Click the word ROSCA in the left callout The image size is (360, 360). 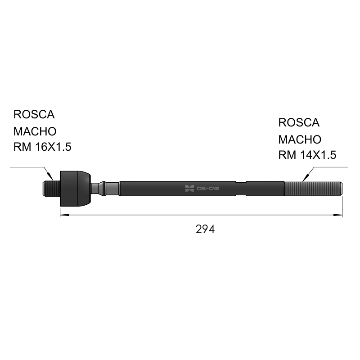[34, 114]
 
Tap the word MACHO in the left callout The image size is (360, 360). [35, 131]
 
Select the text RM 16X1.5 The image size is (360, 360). [42, 147]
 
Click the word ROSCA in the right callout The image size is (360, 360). [299, 122]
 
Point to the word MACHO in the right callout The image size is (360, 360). [300, 139]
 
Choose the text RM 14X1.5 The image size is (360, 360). [307, 155]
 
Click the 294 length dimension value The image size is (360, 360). [205, 229]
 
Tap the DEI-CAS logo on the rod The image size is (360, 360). [202, 189]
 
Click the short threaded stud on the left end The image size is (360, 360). [51, 189]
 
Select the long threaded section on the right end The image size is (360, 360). [313, 189]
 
